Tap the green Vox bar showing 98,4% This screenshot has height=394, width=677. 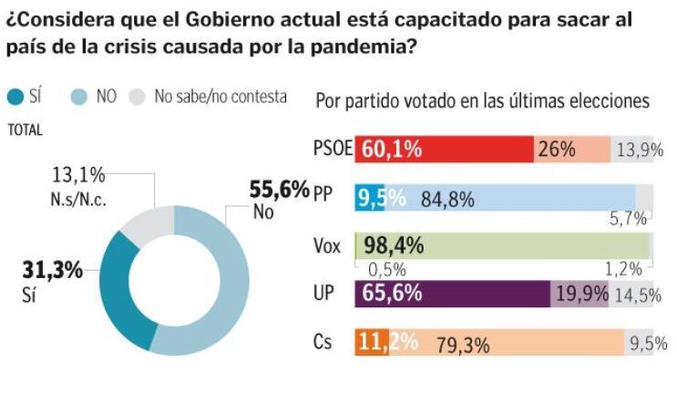pyautogui.click(x=504, y=246)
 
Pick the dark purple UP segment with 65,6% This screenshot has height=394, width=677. pyautogui.click(x=454, y=295)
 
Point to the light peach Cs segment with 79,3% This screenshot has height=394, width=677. pyautogui.click(x=510, y=343)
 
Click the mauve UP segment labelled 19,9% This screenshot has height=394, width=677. pyautogui.click(x=580, y=295)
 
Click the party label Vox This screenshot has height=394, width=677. pyautogui.click(x=327, y=246)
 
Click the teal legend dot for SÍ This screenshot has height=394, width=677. pyautogui.click(x=15, y=97)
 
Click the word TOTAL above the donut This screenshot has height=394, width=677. pyautogui.click(x=25, y=130)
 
